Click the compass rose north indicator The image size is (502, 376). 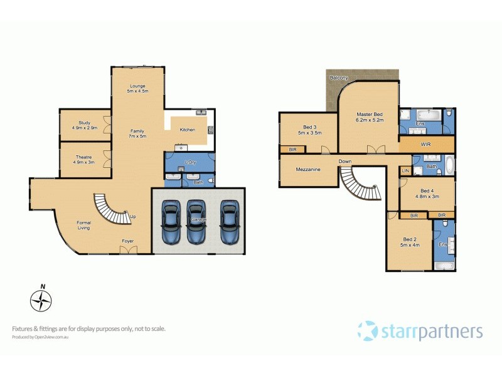[41, 300]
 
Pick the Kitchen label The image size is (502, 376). [188, 130]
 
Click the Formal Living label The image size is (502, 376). [83, 225]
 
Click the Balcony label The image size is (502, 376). [339, 78]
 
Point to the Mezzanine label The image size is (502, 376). [309, 169]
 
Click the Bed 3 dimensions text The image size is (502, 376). [309, 133]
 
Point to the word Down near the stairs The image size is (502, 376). [345, 161]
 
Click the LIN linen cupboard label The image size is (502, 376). [405, 170]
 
